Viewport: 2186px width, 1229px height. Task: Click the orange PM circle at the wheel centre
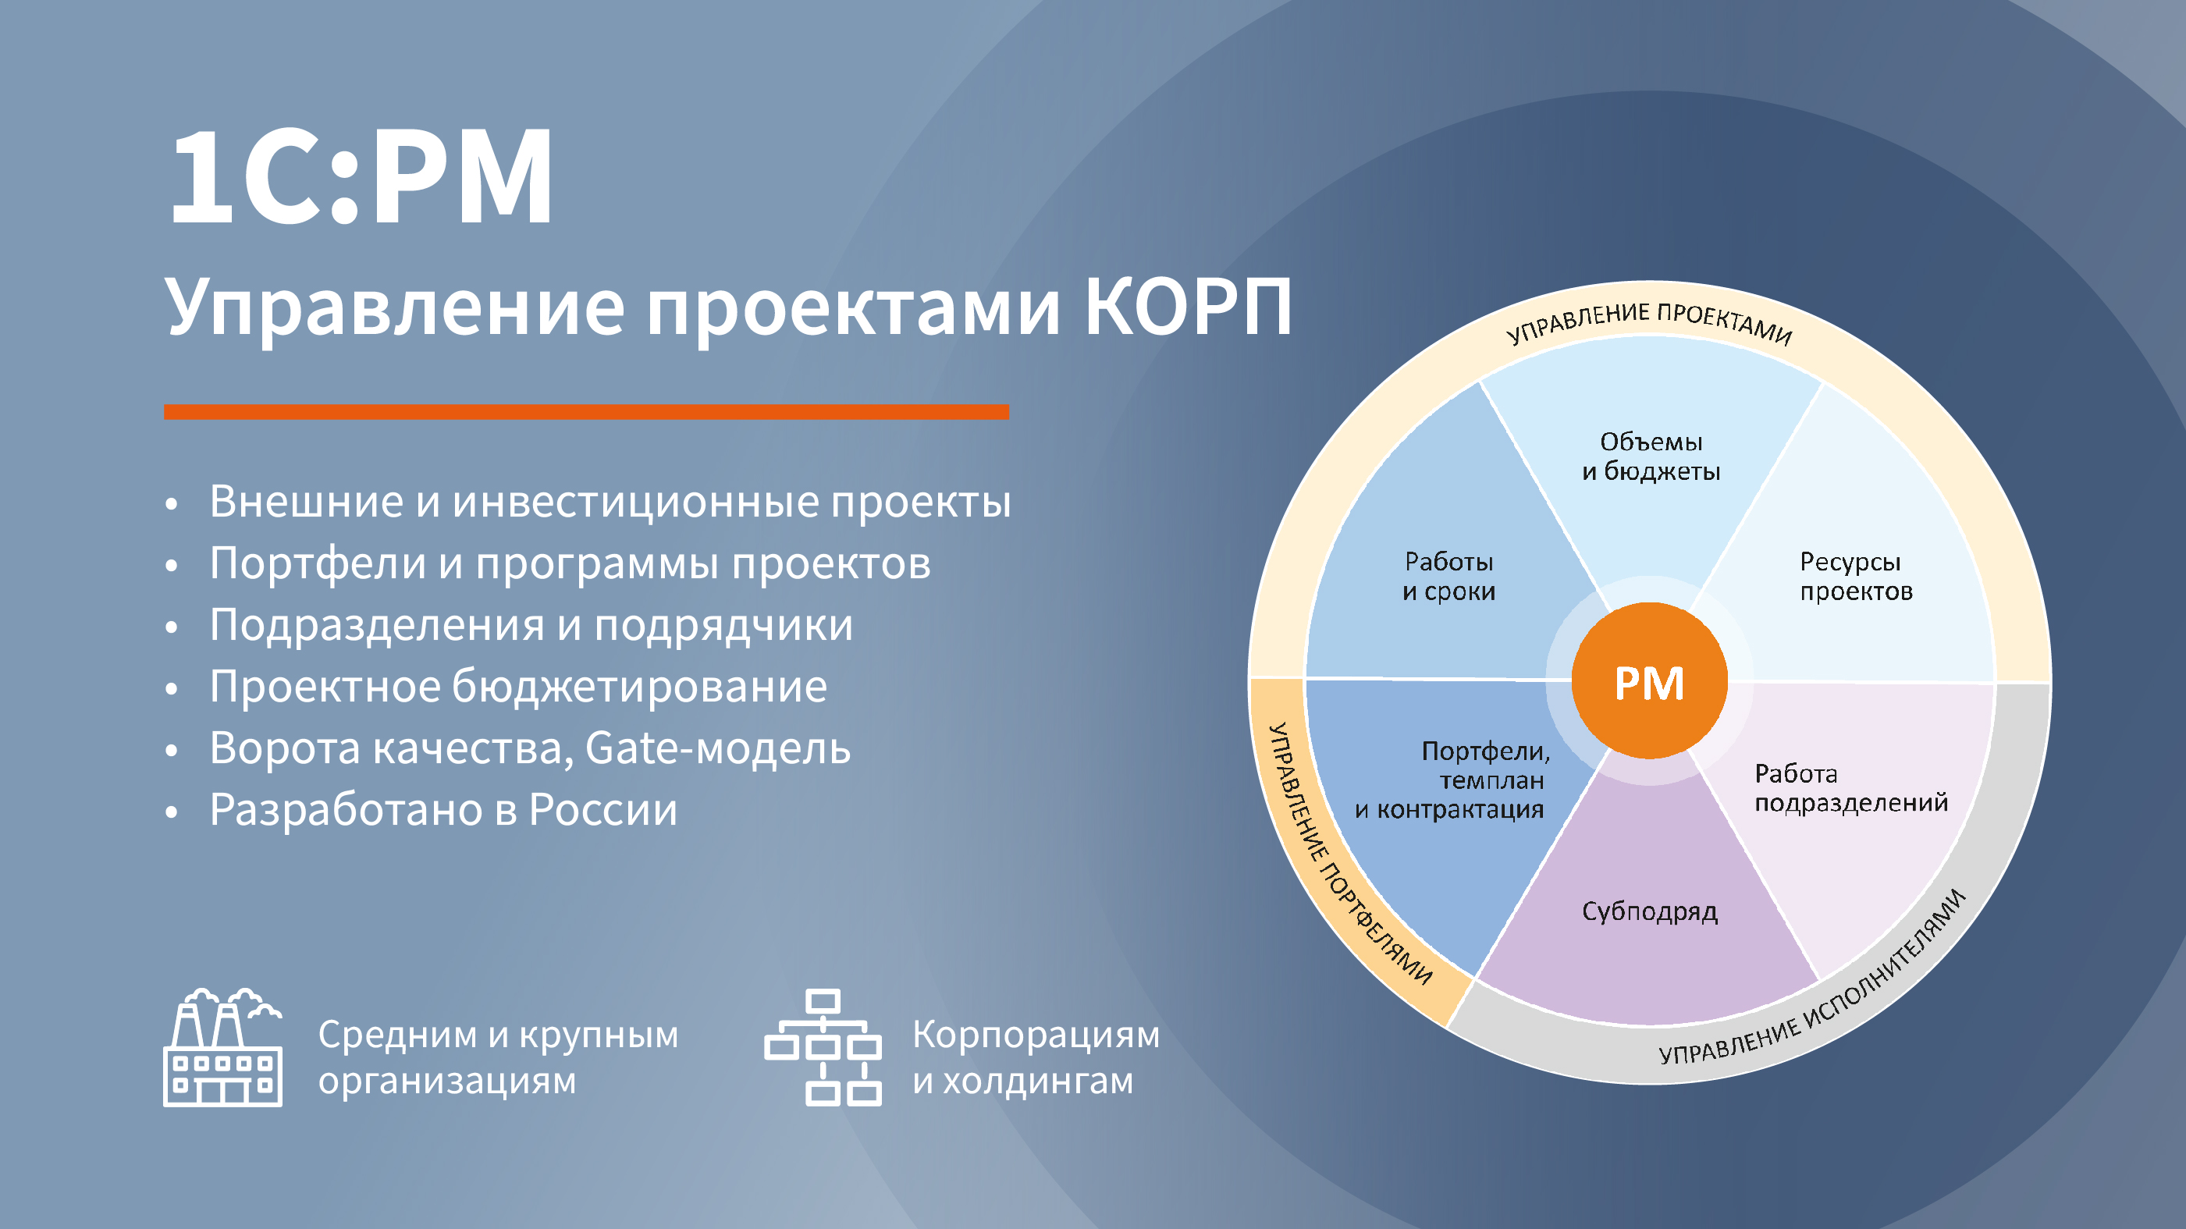(x=1649, y=680)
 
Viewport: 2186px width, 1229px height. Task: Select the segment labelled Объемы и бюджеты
(x=1651, y=456)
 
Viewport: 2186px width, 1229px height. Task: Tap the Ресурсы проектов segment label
(x=1856, y=577)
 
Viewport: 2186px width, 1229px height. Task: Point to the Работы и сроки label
(x=1448, y=577)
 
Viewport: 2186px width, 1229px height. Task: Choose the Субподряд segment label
(x=1650, y=911)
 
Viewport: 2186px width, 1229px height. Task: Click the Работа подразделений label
(x=1850, y=787)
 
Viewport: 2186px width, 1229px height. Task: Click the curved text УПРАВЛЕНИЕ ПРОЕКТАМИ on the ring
(x=1650, y=322)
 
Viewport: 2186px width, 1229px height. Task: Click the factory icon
(x=222, y=1046)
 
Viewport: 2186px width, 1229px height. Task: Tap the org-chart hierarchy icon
(x=823, y=1047)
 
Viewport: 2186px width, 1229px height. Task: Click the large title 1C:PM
(x=361, y=176)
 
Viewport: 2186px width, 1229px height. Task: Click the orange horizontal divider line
(x=586, y=412)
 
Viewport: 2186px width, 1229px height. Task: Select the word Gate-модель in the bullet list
(x=718, y=748)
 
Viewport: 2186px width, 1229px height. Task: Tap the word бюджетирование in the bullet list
(x=639, y=686)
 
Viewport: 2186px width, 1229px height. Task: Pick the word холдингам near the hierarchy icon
(x=1038, y=1081)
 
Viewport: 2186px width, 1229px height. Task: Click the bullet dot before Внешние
(x=172, y=503)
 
